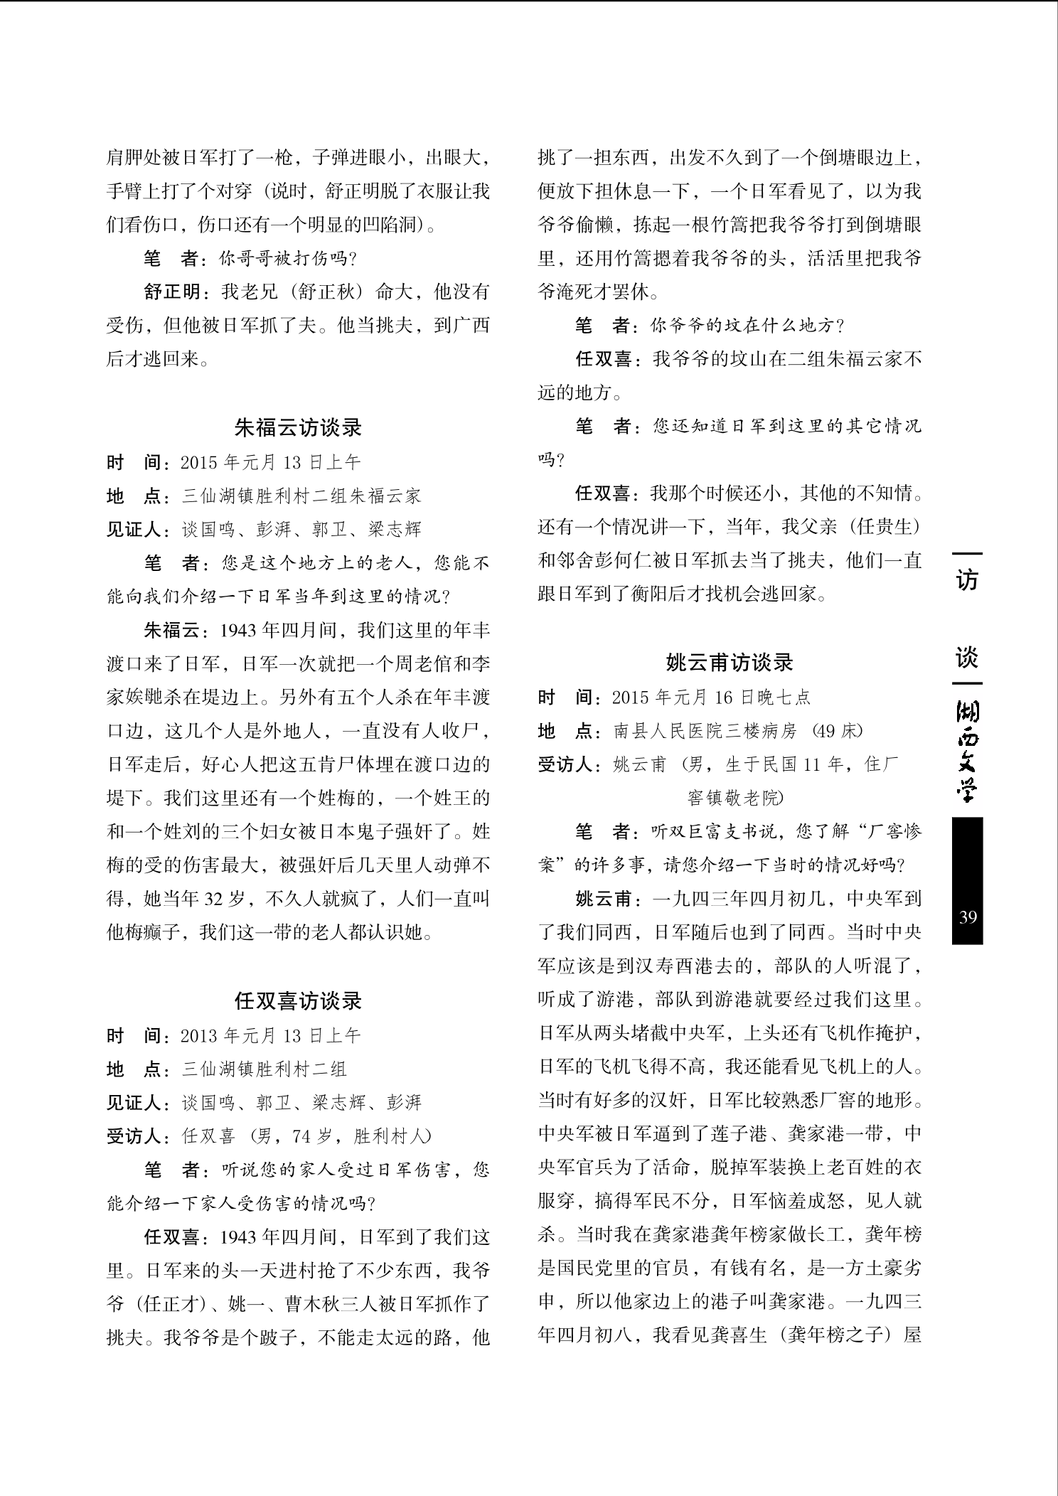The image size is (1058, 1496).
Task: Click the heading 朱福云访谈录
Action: [x=298, y=427]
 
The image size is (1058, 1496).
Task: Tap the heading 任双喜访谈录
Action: [x=298, y=1001]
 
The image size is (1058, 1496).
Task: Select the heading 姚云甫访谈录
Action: [x=730, y=663]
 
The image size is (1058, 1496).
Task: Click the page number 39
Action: [x=967, y=917]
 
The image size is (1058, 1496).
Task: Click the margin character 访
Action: [x=967, y=580]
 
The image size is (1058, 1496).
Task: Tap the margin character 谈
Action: [x=967, y=658]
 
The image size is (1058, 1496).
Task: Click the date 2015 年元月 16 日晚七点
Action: [x=711, y=697]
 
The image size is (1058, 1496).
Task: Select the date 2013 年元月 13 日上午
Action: [x=271, y=1035]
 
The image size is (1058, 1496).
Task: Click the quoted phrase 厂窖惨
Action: [x=888, y=831]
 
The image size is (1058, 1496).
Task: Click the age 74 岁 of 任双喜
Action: [x=314, y=1136]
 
